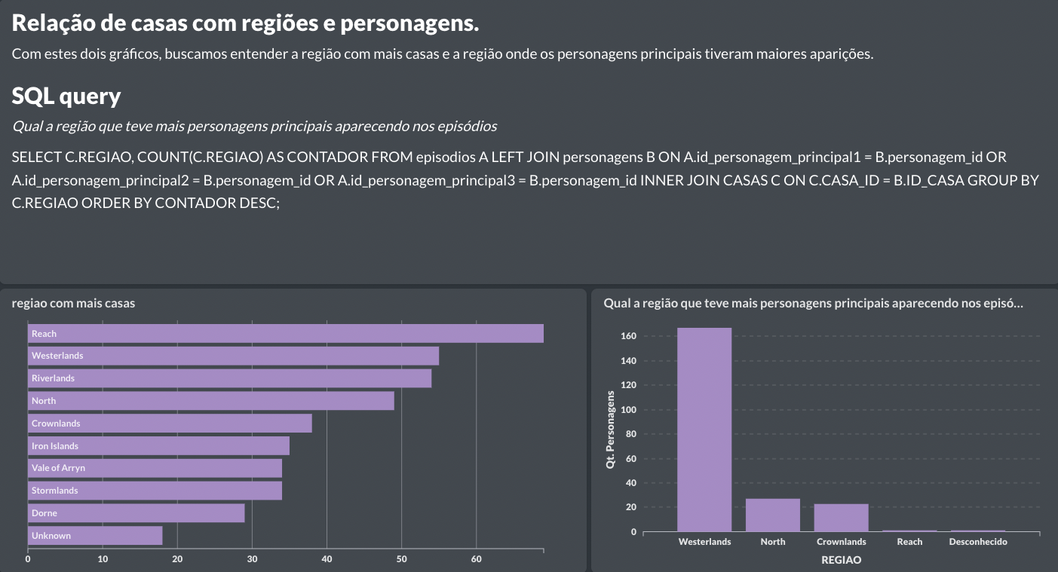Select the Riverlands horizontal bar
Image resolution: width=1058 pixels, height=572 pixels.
(229, 378)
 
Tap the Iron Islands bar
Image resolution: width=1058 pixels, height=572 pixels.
(158, 446)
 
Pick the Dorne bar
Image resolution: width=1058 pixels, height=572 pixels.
(136, 513)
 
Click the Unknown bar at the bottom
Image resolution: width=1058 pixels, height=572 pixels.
(95, 536)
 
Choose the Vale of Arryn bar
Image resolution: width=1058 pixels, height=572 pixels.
(155, 468)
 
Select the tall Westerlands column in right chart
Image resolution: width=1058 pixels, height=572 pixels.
(704, 430)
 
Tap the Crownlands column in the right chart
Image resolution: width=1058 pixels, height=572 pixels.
(841, 518)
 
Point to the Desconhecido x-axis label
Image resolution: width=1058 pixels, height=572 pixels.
(977, 542)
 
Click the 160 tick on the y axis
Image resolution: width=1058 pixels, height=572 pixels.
(628, 336)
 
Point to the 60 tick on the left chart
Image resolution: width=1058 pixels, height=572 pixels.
(476, 559)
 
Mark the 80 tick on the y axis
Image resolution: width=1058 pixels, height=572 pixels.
(630, 434)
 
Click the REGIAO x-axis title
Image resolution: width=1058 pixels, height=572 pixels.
(841, 560)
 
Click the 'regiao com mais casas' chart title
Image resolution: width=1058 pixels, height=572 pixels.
(73, 303)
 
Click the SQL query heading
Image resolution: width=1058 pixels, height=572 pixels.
(66, 96)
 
